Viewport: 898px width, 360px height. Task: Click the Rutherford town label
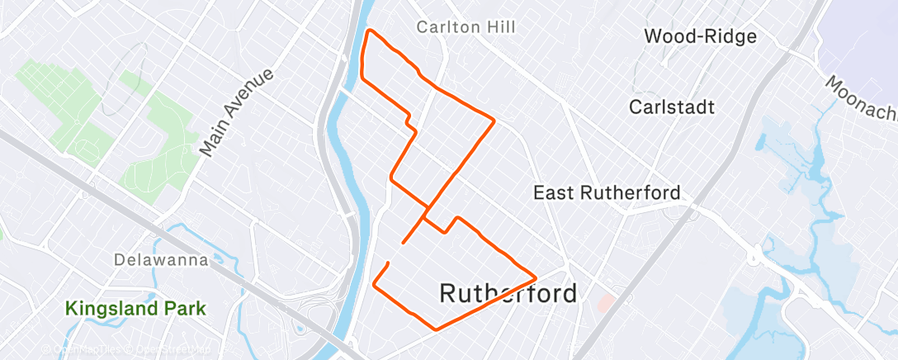click(x=508, y=293)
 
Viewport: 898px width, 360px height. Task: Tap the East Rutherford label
click(x=607, y=193)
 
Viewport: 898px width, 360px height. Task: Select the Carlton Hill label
click(x=466, y=27)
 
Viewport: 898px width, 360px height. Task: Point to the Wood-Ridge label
click(x=700, y=36)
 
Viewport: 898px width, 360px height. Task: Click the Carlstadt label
click(x=671, y=107)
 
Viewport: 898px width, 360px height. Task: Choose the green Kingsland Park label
click(x=135, y=309)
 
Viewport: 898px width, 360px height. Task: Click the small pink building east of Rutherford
click(x=606, y=302)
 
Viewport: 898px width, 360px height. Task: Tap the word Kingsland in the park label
click(x=111, y=309)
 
